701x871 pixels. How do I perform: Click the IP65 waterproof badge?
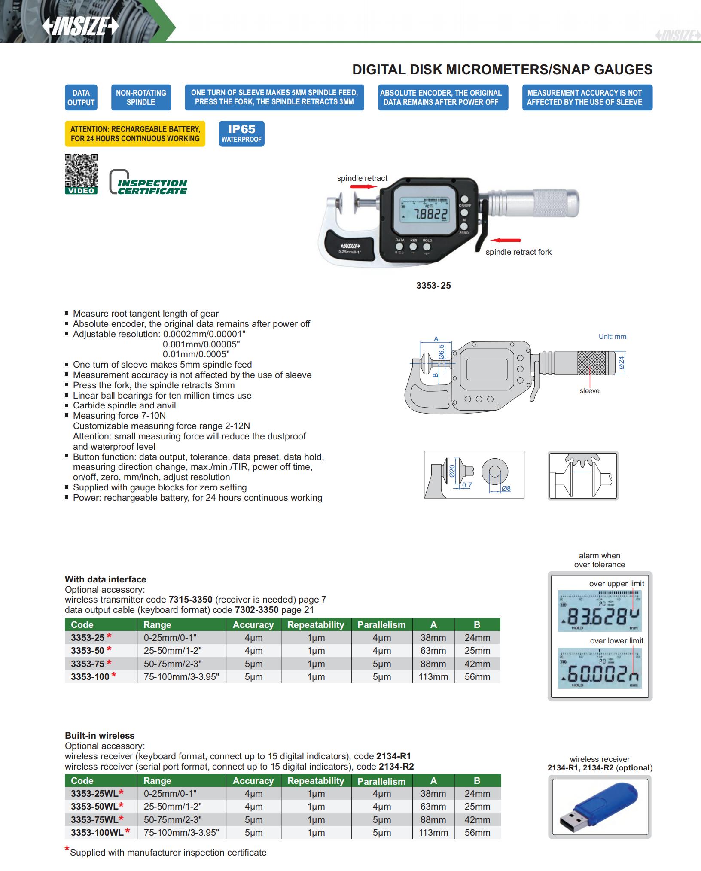pos(241,134)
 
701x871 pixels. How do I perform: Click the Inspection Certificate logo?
pos(148,183)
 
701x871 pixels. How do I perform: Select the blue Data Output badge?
pos(81,97)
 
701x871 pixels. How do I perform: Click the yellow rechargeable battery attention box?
pos(135,134)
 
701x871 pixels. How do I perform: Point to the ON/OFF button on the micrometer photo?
pos(464,199)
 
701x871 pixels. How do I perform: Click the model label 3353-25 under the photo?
pos(433,286)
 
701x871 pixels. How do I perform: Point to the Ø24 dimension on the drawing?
pos(621,363)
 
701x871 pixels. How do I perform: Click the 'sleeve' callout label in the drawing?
pos(589,391)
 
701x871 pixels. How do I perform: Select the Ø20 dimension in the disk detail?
pos(452,471)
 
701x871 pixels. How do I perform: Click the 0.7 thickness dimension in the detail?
pos(466,485)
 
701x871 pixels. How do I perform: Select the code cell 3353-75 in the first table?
pos(88,664)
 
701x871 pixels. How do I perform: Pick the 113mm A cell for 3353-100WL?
pos(433,832)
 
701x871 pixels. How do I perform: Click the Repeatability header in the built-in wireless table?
pos(316,780)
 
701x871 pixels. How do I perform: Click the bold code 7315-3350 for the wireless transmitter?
pos(190,600)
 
